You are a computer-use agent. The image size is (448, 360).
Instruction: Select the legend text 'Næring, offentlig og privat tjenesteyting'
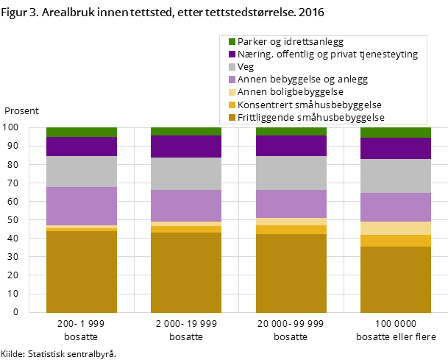(327, 54)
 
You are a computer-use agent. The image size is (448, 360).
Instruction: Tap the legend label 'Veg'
(246, 67)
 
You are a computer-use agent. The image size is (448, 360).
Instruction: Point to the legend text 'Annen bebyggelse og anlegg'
(302, 80)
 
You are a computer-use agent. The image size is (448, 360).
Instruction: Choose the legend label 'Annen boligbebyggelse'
(291, 92)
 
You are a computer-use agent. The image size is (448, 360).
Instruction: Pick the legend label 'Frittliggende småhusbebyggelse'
(311, 117)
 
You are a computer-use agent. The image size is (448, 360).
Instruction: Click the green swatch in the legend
(232, 42)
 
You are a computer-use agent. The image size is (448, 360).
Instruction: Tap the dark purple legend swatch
(232, 54)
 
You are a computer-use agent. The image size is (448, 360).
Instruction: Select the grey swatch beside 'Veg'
(232, 67)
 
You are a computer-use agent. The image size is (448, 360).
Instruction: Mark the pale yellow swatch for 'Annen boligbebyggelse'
(232, 92)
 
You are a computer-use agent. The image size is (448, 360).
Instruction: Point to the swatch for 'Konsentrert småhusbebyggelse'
(232, 105)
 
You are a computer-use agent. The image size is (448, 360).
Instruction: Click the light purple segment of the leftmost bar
(82, 206)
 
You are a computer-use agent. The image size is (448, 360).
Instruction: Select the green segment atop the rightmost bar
(395, 133)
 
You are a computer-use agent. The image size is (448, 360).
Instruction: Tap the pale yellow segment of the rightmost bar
(395, 228)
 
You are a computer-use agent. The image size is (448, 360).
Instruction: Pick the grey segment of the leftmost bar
(82, 172)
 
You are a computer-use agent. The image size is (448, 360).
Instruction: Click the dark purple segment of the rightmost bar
(395, 149)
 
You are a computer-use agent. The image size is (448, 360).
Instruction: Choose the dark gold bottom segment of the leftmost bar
(82, 272)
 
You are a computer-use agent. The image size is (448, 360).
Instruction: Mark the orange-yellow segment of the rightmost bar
(395, 241)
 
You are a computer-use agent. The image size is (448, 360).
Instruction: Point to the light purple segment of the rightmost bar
(395, 207)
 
